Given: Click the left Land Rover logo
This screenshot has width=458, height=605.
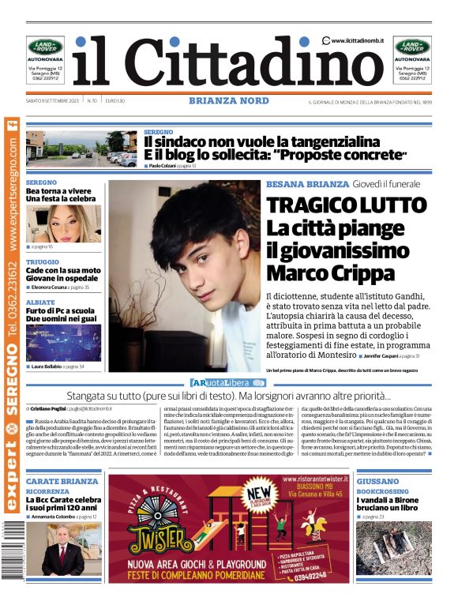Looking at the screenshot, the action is tap(45, 47).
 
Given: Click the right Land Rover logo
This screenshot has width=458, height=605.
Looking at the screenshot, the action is tap(412, 47).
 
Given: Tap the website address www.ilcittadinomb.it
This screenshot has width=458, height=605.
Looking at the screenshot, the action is tap(357, 40).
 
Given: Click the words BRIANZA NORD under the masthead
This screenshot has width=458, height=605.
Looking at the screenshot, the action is tap(229, 100).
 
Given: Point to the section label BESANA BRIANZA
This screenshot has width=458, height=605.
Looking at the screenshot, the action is tap(307, 183).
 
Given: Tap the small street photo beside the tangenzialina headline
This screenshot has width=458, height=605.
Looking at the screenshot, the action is tap(81, 148).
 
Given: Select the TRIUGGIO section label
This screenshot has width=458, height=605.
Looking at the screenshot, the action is tap(42, 261).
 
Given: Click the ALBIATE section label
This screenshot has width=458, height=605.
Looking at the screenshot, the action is tap(40, 302).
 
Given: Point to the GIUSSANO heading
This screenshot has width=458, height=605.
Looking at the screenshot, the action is tap(377, 481).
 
